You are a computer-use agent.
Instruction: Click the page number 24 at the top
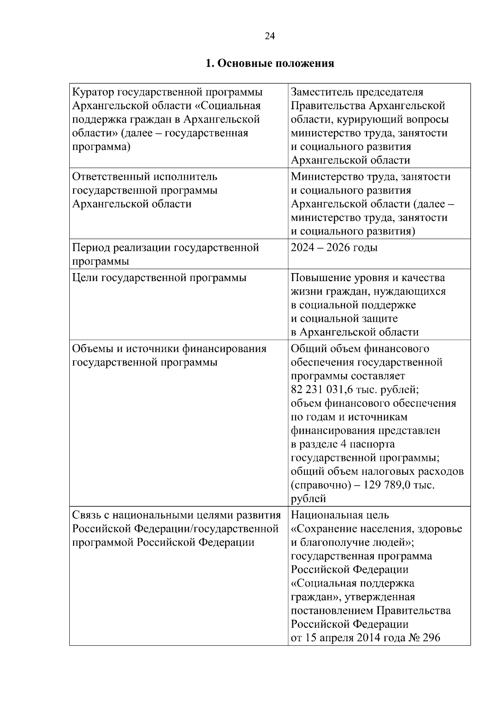[270, 36]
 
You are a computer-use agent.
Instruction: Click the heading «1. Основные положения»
[270, 63]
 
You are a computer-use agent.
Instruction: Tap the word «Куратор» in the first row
[92, 92]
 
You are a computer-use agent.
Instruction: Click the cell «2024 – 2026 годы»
[334, 247]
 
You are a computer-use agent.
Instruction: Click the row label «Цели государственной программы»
[159, 278]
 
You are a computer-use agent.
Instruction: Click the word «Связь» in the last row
[87, 515]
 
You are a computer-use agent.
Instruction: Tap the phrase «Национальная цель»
[340, 515]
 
